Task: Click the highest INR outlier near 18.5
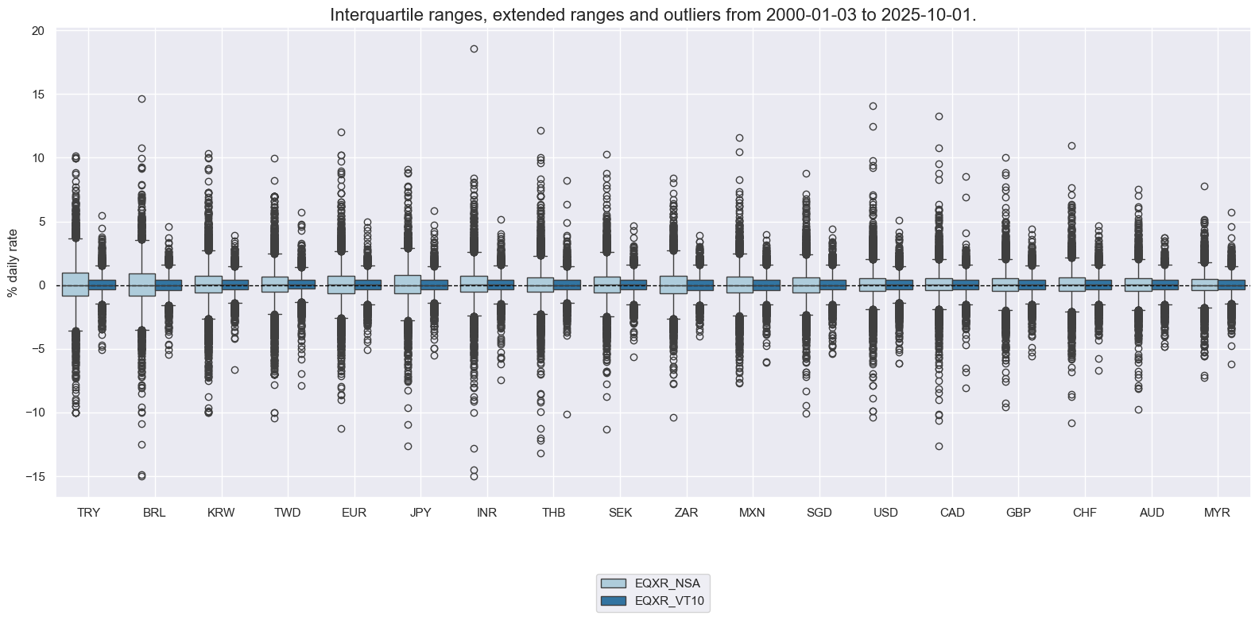tap(474, 48)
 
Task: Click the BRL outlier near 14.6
tap(141, 99)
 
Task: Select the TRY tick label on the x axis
tap(88, 513)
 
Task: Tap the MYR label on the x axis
tap(1217, 513)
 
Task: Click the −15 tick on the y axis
tap(36, 476)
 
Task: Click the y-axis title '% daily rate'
tap(12, 262)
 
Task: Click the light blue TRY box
tap(76, 285)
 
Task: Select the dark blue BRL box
tap(168, 285)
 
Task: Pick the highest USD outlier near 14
tap(873, 106)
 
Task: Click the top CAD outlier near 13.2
tap(939, 116)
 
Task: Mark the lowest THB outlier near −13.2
tap(540, 453)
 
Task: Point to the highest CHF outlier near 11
tap(1071, 145)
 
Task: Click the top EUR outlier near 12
tap(341, 132)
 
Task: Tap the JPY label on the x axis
tap(420, 513)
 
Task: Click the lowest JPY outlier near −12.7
tap(408, 446)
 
